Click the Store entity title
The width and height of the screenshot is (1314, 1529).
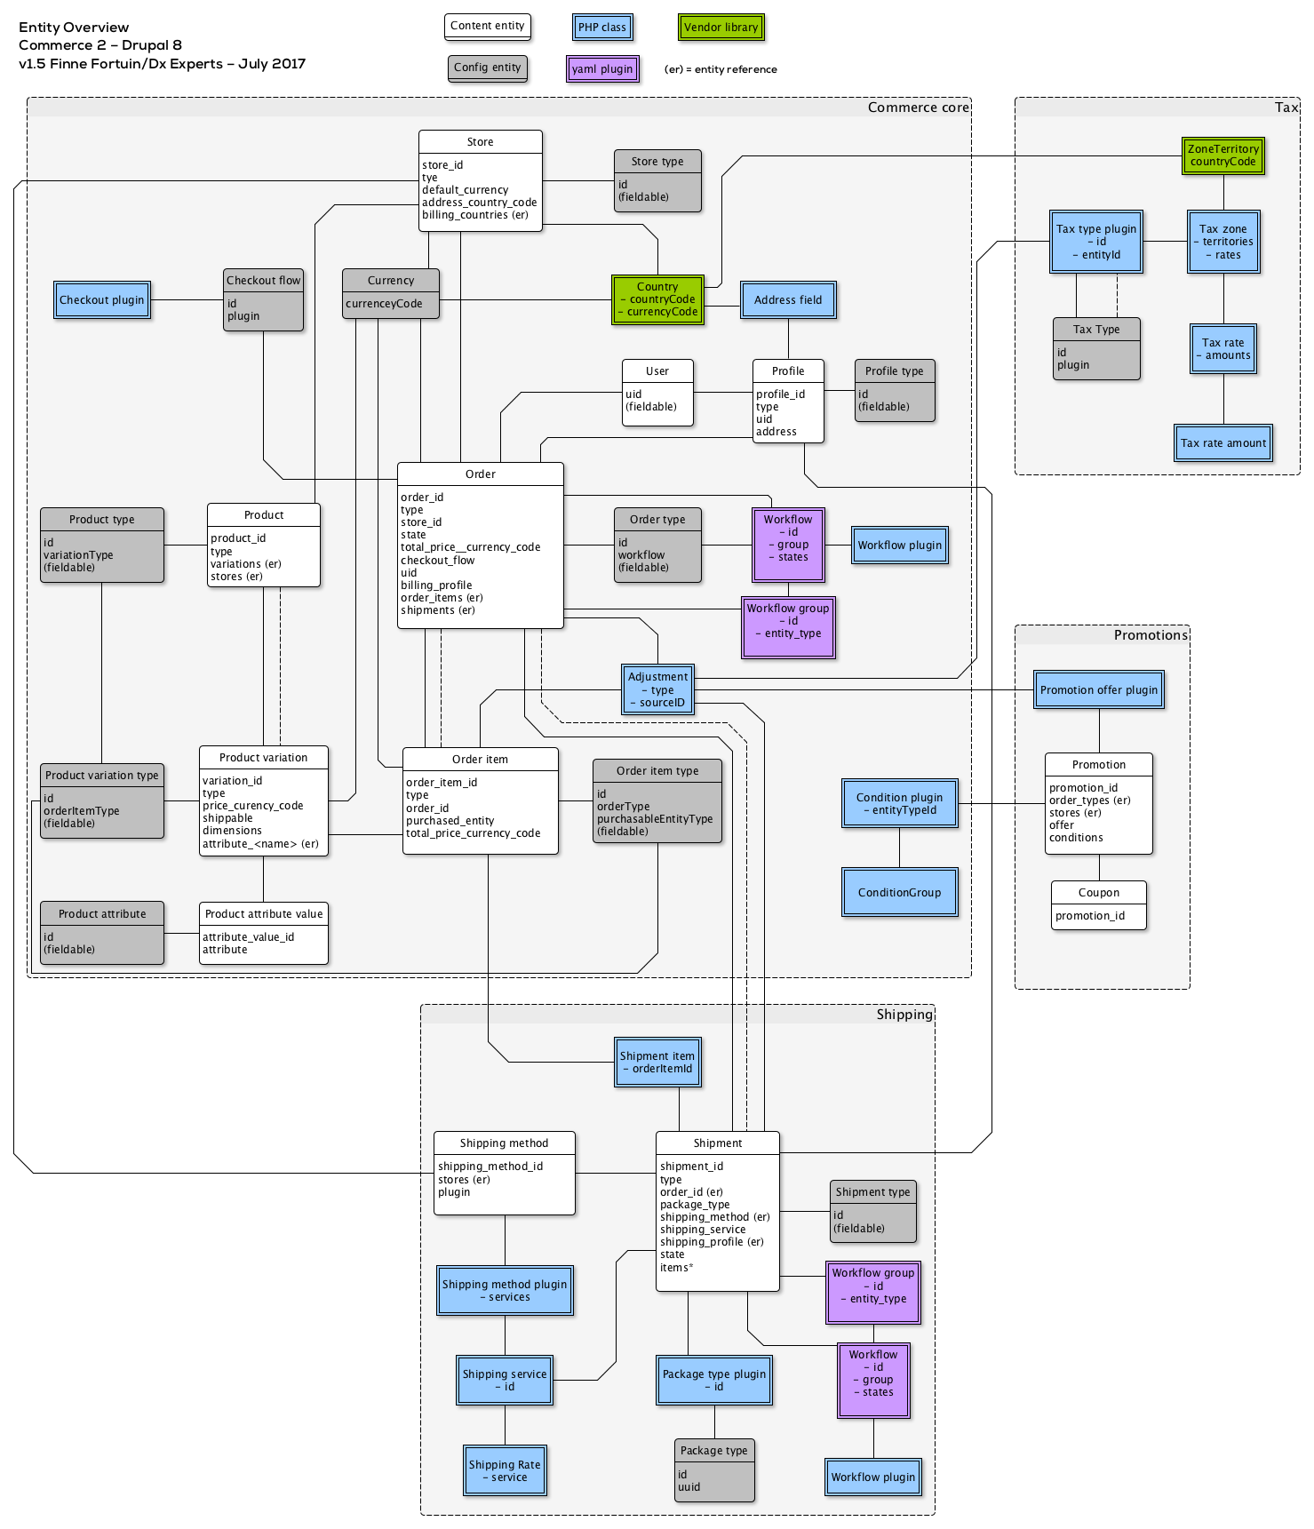pos(480,142)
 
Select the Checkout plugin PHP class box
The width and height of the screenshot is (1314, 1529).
pos(101,300)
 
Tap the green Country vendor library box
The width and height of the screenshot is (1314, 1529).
pos(657,299)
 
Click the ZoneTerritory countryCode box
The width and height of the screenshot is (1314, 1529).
pos(1222,155)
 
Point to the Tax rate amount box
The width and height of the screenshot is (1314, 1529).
pos(1222,443)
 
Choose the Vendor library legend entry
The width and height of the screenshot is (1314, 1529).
pos(721,28)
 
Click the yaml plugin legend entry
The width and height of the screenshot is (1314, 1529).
pos(602,68)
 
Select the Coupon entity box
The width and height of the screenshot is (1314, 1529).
pos(1098,904)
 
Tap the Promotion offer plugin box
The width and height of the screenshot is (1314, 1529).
pos(1098,690)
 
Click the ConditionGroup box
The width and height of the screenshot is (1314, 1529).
pos(899,893)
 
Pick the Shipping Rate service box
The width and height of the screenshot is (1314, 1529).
pos(505,1471)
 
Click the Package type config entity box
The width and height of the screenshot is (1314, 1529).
pos(713,1469)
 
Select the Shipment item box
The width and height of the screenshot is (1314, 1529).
pos(657,1063)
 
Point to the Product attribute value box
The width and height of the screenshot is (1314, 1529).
pos(263,932)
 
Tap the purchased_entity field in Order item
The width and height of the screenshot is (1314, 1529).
pos(450,821)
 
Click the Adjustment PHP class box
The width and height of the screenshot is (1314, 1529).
pos(657,689)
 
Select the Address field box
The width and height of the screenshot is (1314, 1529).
pos(787,300)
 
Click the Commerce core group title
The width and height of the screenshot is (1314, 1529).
pos(918,108)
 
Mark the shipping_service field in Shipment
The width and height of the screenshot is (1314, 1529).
pos(702,1230)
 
